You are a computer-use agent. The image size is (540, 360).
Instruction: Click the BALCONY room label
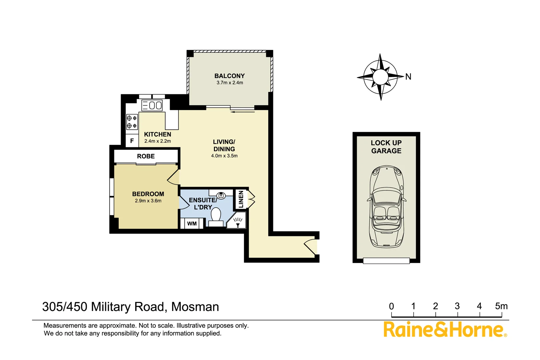click(229, 76)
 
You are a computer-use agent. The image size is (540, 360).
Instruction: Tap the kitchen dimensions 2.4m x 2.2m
click(157, 141)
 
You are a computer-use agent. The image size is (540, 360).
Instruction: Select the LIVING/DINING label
click(224, 146)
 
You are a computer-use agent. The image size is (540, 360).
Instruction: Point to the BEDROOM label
click(148, 194)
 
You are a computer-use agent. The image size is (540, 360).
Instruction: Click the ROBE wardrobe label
click(146, 156)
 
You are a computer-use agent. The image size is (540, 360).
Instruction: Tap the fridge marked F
click(132, 141)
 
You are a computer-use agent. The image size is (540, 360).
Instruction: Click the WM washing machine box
click(192, 224)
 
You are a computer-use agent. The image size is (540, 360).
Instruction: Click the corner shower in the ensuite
click(237, 221)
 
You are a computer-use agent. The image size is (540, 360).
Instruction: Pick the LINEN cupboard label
click(241, 199)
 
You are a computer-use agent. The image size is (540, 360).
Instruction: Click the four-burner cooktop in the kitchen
click(132, 122)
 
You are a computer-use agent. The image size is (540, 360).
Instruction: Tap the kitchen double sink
click(152, 106)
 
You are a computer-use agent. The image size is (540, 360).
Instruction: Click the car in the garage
click(386, 207)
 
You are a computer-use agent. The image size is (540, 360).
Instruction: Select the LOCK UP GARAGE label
click(386, 147)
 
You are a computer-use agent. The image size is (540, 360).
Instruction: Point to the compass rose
click(380, 77)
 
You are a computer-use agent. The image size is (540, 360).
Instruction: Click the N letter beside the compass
click(408, 77)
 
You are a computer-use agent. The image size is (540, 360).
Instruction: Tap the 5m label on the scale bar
click(501, 306)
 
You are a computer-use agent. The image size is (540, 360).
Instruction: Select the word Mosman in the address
click(195, 307)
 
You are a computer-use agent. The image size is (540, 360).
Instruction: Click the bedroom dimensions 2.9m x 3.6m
click(148, 201)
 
